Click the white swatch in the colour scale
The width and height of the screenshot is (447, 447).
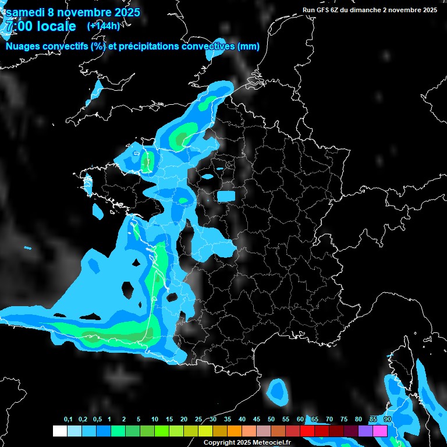pos(59,431)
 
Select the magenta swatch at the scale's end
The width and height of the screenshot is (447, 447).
pos(380,431)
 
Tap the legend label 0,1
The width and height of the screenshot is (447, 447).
pos(68,420)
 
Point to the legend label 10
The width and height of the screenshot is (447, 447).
pos(154,420)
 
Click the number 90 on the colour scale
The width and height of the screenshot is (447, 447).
pos(387,420)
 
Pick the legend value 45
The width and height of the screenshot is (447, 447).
pos(257,420)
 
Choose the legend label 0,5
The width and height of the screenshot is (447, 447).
pos(97,420)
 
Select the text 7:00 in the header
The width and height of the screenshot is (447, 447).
pos(18,26)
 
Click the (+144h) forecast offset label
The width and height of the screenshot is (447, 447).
pos(103,26)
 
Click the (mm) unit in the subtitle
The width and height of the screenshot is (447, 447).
pos(249,47)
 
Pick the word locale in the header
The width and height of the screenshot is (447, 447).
pos(56,26)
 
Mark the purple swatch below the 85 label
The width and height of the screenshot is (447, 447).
pos(366,431)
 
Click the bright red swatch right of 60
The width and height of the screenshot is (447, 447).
pos(307,431)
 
